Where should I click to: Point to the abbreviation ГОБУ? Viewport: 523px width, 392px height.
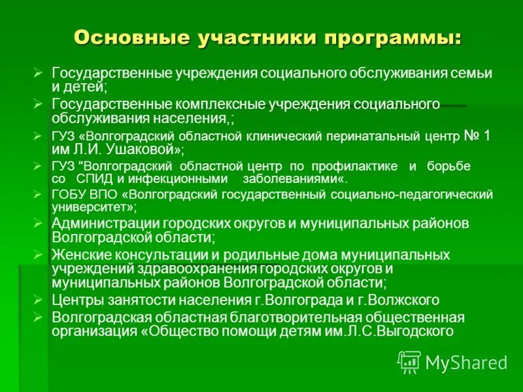(67, 194)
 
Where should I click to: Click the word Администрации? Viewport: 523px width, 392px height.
(105, 223)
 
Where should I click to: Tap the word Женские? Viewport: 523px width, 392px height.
(81, 254)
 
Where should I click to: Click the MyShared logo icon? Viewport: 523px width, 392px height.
(409, 361)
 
